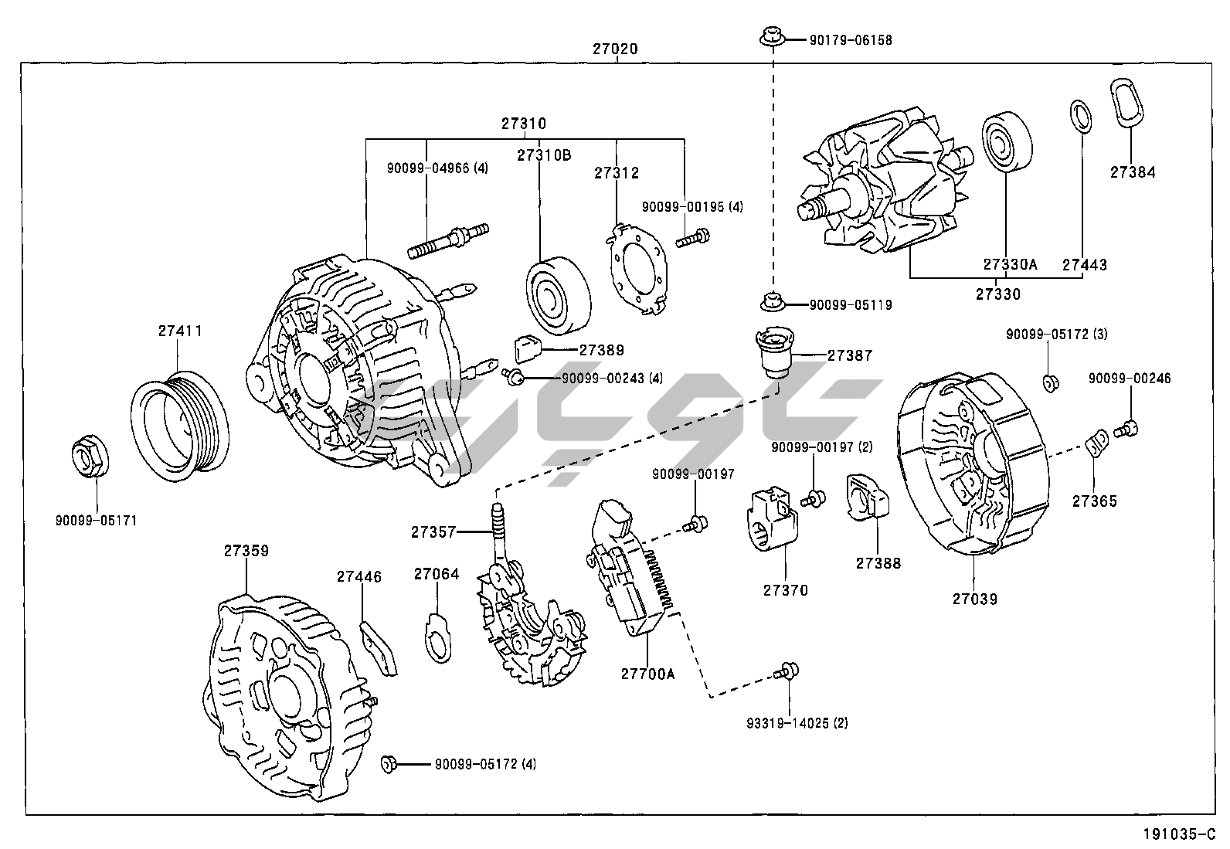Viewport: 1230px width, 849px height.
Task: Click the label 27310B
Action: [x=544, y=155]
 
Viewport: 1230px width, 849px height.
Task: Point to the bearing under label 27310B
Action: [x=558, y=294]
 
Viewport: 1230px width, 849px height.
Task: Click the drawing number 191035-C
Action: [x=1179, y=834]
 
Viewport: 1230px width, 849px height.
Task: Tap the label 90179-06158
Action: [x=850, y=39]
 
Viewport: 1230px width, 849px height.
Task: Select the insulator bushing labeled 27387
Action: [x=774, y=352]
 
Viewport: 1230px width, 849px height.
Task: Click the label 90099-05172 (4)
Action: [x=485, y=764]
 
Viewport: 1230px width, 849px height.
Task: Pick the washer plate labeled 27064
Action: [x=438, y=637]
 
